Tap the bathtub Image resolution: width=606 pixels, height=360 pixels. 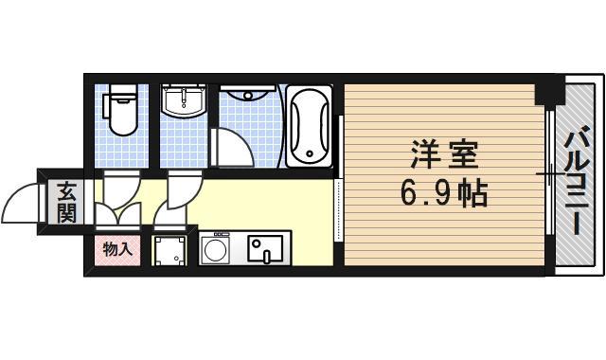coord(309,127)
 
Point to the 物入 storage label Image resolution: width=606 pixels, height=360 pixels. coord(117,250)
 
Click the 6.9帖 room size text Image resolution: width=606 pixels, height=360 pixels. coord(443,194)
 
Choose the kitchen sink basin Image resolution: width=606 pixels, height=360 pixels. coord(264,249)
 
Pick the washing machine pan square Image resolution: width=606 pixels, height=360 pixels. coord(172,250)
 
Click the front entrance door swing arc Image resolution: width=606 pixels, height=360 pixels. coord(21,201)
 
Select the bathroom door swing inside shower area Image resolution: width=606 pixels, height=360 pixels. coord(232,147)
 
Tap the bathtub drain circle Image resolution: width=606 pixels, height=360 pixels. coord(308,151)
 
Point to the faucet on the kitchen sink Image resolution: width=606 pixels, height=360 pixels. coord(267,254)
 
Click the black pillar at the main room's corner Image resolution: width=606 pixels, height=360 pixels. coord(544,94)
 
